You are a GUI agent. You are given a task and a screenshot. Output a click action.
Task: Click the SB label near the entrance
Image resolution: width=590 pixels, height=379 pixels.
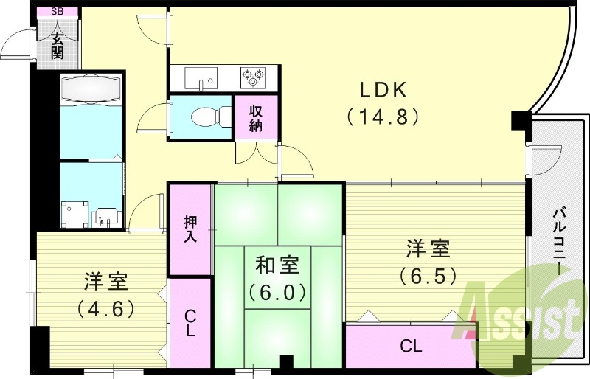coord(58,12)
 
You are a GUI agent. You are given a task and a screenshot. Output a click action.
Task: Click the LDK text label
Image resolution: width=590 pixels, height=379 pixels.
coord(383,90)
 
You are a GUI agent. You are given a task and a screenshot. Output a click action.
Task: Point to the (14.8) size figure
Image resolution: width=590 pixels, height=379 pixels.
coord(383,116)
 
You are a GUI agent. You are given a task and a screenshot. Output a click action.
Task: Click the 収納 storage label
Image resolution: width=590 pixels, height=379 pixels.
coord(256,117)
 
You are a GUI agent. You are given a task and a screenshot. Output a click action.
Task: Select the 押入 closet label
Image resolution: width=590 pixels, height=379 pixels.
coord(190,229)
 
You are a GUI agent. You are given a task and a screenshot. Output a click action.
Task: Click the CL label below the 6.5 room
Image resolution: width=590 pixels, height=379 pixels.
coord(412,345)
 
